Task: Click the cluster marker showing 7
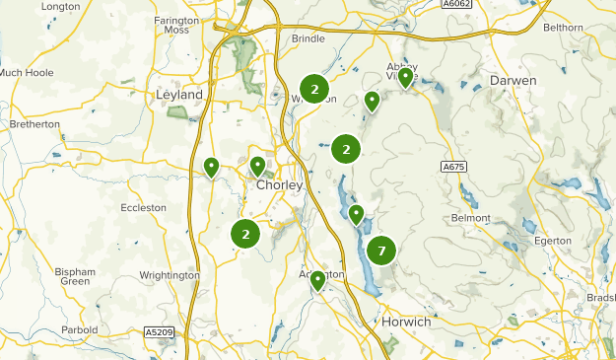pyautogui.click(x=381, y=252)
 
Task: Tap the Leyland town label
pyautogui.click(x=179, y=95)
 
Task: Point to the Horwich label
pyautogui.click(x=405, y=323)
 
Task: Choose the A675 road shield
pyautogui.click(x=453, y=168)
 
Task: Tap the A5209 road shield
pyautogui.click(x=158, y=331)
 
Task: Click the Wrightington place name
pyautogui.click(x=170, y=275)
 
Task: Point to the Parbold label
pyautogui.click(x=79, y=329)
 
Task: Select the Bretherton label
pyautogui.click(x=34, y=124)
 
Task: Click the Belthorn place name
pyautogui.click(x=577, y=30)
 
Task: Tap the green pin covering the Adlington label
pyautogui.click(x=317, y=281)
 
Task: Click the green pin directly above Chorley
pyautogui.click(x=257, y=166)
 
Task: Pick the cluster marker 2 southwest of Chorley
pyautogui.click(x=245, y=234)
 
